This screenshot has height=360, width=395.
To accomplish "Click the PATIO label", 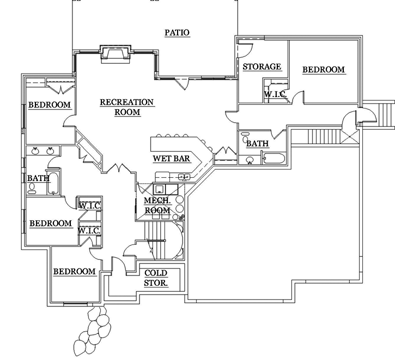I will [177, 33].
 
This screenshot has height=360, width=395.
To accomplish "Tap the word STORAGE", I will [262, 67].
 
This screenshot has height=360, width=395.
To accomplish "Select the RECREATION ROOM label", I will [127, 107].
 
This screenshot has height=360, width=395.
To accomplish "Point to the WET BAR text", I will [171, 159].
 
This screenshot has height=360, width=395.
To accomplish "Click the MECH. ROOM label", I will [157, 206].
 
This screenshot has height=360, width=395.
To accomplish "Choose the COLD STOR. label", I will [156, 278].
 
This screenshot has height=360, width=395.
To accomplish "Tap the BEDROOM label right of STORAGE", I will [324, 69].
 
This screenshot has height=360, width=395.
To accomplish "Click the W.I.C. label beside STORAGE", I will [276, 94].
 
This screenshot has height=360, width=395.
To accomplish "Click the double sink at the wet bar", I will [183, 177].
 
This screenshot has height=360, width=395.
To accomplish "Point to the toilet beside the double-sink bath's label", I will [32, 187].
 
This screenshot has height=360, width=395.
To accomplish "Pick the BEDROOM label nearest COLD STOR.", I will [74, 271].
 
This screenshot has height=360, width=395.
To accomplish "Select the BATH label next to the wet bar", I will [257, 144].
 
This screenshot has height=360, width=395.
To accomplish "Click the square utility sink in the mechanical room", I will [160, 189].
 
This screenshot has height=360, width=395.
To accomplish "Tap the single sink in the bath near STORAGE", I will [250, 160].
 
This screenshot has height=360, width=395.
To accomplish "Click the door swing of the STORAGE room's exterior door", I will [244, 47].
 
